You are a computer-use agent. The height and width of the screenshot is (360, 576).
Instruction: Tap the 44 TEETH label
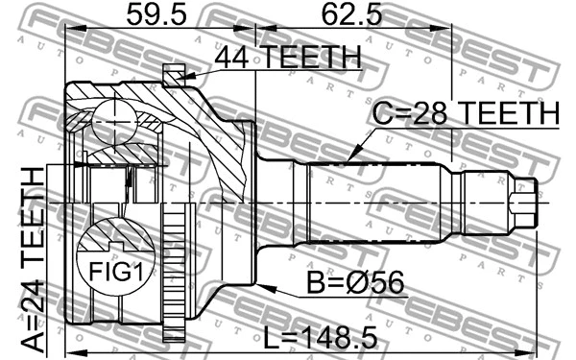pos(287,58)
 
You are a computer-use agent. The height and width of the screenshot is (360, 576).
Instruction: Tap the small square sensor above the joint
pos(173,72)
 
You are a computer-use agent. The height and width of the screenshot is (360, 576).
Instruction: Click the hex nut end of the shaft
pos(523,202)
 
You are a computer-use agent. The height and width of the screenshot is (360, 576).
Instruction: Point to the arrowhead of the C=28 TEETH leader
pos(349,158)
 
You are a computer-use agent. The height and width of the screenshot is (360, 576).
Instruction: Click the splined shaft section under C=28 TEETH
pos(374,202)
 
